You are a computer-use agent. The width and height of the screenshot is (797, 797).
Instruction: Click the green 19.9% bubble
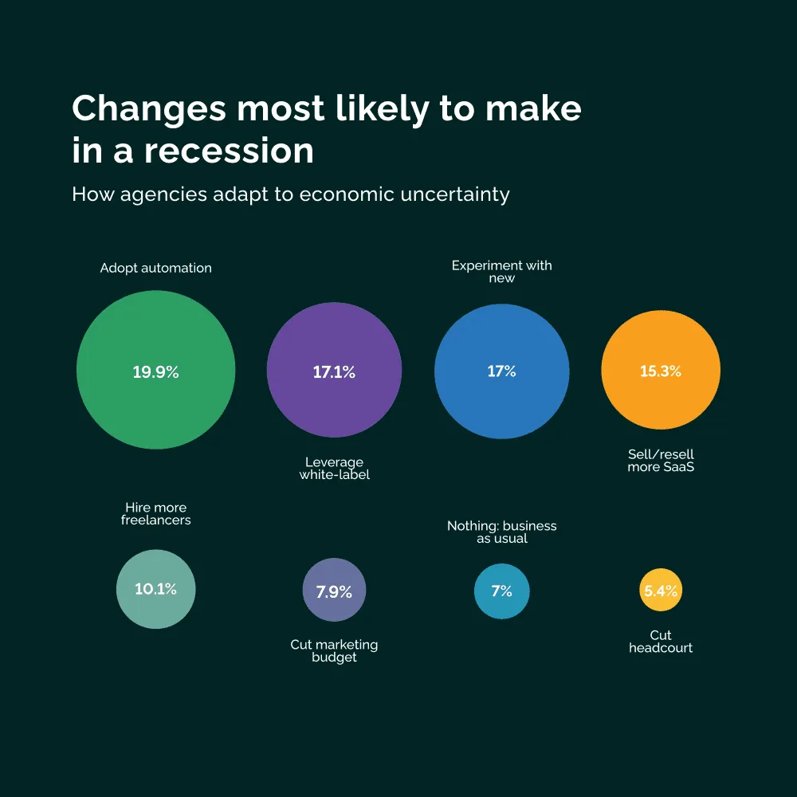tap(156, 370)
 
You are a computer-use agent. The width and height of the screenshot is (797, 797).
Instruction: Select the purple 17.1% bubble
tap(334, 370)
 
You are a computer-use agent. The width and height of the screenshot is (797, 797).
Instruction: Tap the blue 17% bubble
tap(502, 370)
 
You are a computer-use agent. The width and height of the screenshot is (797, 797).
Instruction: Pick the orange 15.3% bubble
tap(661, 370)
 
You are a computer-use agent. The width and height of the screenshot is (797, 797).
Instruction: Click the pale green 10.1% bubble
tap(156, 590)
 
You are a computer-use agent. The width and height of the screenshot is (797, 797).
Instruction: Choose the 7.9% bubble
tap(334, 591)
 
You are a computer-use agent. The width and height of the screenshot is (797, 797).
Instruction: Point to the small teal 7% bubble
tap(502, 591)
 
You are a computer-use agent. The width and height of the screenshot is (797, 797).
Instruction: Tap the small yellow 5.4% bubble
tap(661, 591)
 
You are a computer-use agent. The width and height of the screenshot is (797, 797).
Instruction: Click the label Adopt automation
tap(156, 268)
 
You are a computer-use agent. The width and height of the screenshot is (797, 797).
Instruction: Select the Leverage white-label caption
tap(334, 469)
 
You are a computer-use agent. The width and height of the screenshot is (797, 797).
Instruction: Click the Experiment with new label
tap(502, 272)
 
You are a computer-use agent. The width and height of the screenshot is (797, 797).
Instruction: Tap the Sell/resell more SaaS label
tap(661, 461)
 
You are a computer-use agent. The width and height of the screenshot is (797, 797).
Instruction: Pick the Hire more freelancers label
tap(156, 514)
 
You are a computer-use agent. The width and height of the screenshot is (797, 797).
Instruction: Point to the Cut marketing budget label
tap(334, 651)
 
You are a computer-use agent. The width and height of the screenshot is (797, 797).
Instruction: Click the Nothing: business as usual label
tap(502, 532)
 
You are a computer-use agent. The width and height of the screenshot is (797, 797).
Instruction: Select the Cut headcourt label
tap(661, 642)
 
